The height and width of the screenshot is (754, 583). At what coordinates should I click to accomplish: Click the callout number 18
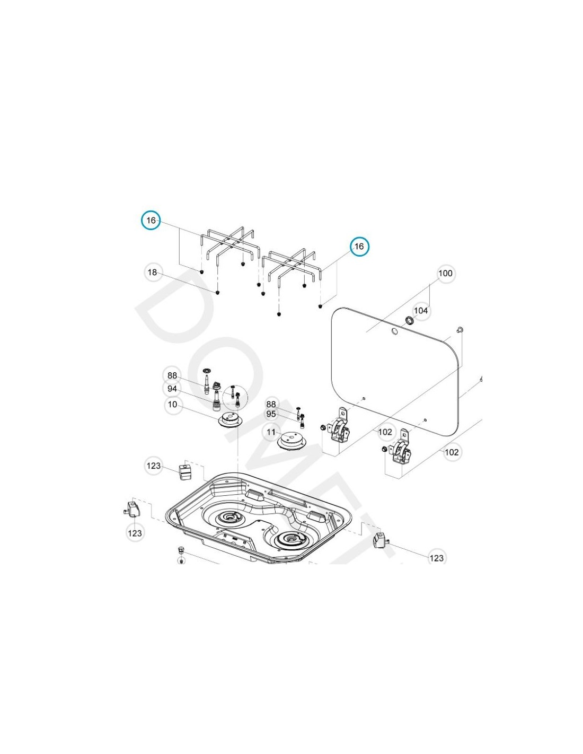(x=152, y=273)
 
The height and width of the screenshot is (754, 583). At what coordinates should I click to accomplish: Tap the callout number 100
(x=445, y=274)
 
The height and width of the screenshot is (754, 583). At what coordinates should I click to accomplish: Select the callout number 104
(x=421, y=311)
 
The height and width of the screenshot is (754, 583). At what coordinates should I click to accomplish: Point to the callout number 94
(x=172, y=389)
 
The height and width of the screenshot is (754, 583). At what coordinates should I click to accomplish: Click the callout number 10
(x=172, y=404)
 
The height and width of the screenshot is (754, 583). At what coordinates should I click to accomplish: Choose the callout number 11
(x=271, y=432)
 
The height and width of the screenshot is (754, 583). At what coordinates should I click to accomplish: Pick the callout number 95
(x=271, y=414)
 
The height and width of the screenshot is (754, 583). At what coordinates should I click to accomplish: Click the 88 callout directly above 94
(x=172, y=376)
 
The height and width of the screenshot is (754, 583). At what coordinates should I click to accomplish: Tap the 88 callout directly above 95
(x=271, y=404)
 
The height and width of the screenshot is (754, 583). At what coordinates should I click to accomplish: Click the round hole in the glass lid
(x=394, y=332)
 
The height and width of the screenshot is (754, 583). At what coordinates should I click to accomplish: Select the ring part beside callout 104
(x=410, y=320)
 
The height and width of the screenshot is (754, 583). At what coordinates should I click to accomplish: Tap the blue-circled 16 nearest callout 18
(x=151, y=221)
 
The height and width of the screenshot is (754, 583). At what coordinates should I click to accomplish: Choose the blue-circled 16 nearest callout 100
(x=359, y=247)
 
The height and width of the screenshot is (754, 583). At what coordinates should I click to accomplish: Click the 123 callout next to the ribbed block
(x=153, y=466)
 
